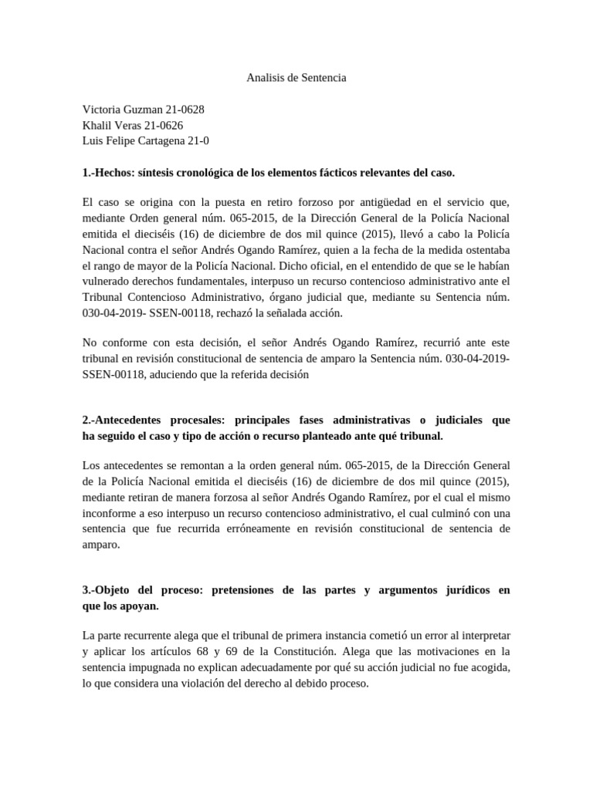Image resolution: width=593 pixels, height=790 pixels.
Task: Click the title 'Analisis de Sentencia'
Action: pyautogui.click(x=296, y=78)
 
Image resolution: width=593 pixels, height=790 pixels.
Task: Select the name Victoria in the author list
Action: pyautogui.click(x=102, y=110)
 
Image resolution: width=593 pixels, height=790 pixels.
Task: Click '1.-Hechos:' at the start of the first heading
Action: pyautogui.click(x=110, y=171)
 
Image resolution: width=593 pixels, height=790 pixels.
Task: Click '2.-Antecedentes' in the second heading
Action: pyautogui.click(x=127, y=421)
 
